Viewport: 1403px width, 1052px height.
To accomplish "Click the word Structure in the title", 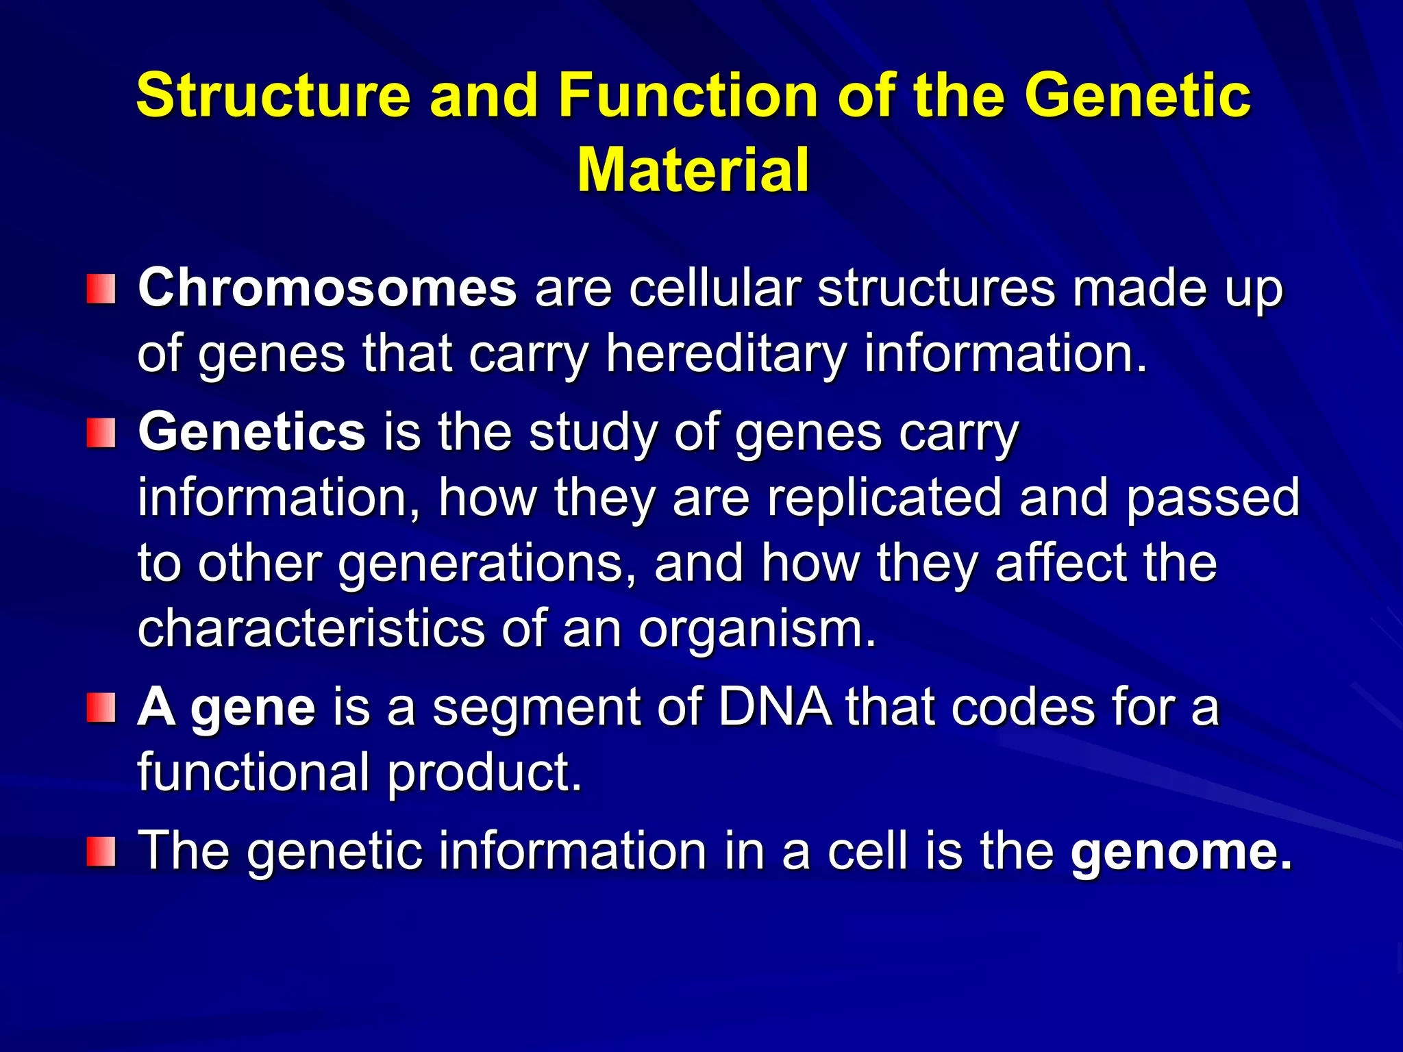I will coord(273,96).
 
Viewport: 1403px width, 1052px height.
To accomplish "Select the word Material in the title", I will coord(693,171).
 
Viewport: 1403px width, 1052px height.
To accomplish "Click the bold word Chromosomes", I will coord(327,288).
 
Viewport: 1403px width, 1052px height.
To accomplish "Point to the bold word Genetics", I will coord(252,432).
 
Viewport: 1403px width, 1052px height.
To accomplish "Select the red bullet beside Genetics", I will coord(101,434).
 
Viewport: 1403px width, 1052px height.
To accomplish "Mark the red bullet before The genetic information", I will coord(101,851).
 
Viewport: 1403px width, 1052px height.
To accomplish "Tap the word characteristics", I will coord(311,629).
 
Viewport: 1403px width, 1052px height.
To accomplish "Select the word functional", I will coord(253,773).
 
